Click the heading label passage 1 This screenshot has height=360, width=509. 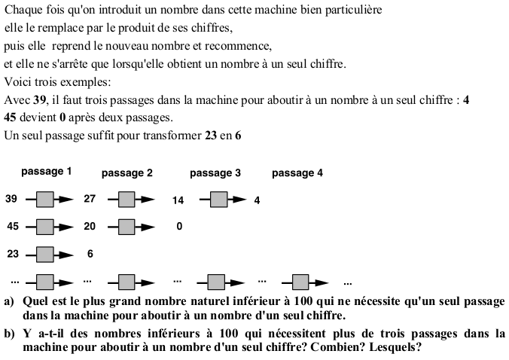[47, 172]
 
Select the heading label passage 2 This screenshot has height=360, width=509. [127, 173]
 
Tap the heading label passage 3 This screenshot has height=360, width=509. [215, 173]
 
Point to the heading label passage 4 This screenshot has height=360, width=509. [297, 173]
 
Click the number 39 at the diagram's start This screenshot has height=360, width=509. [11, 200]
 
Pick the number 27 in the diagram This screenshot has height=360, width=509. [90, 200]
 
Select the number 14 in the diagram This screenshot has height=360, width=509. [178, 200]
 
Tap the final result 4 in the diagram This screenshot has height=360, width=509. [257, 200]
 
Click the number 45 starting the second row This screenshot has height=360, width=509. [11, 227]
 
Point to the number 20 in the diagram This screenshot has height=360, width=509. [90, 227]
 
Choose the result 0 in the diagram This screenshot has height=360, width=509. [178, 227]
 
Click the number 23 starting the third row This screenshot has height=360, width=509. [11, 254]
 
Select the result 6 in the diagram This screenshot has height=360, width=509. [90, 254]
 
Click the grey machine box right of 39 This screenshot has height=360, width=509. [47, 200]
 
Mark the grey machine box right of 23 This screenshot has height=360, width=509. [47, 254]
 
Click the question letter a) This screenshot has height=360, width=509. [9, 301]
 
